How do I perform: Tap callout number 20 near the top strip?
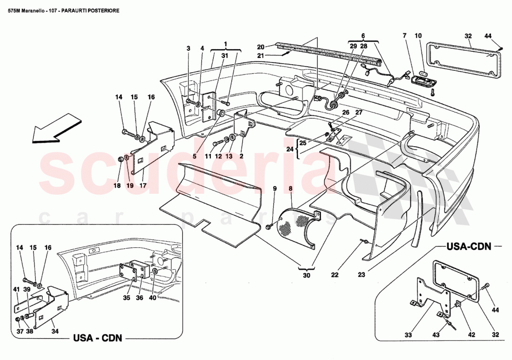coord(261,47)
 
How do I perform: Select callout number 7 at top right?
coord(404,35)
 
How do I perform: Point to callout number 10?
coord(418,35)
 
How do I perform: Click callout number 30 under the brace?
coord(306,275)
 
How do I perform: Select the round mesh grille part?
coord(298,226)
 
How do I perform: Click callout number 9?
coord(275,189)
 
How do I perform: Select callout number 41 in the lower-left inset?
coord(16,289)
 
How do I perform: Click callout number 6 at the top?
coord(363,35)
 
